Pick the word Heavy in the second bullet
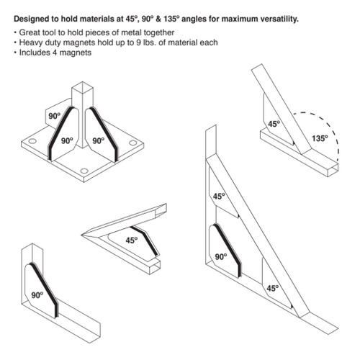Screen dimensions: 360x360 click(30, 44)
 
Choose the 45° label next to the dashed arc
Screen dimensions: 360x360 click(274, 124)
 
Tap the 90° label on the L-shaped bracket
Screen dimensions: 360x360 click(38, 294)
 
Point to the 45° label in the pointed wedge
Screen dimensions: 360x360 click(132, 240)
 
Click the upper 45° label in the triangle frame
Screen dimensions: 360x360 click(219, 195)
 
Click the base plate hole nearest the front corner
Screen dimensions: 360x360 click(84, 171)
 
